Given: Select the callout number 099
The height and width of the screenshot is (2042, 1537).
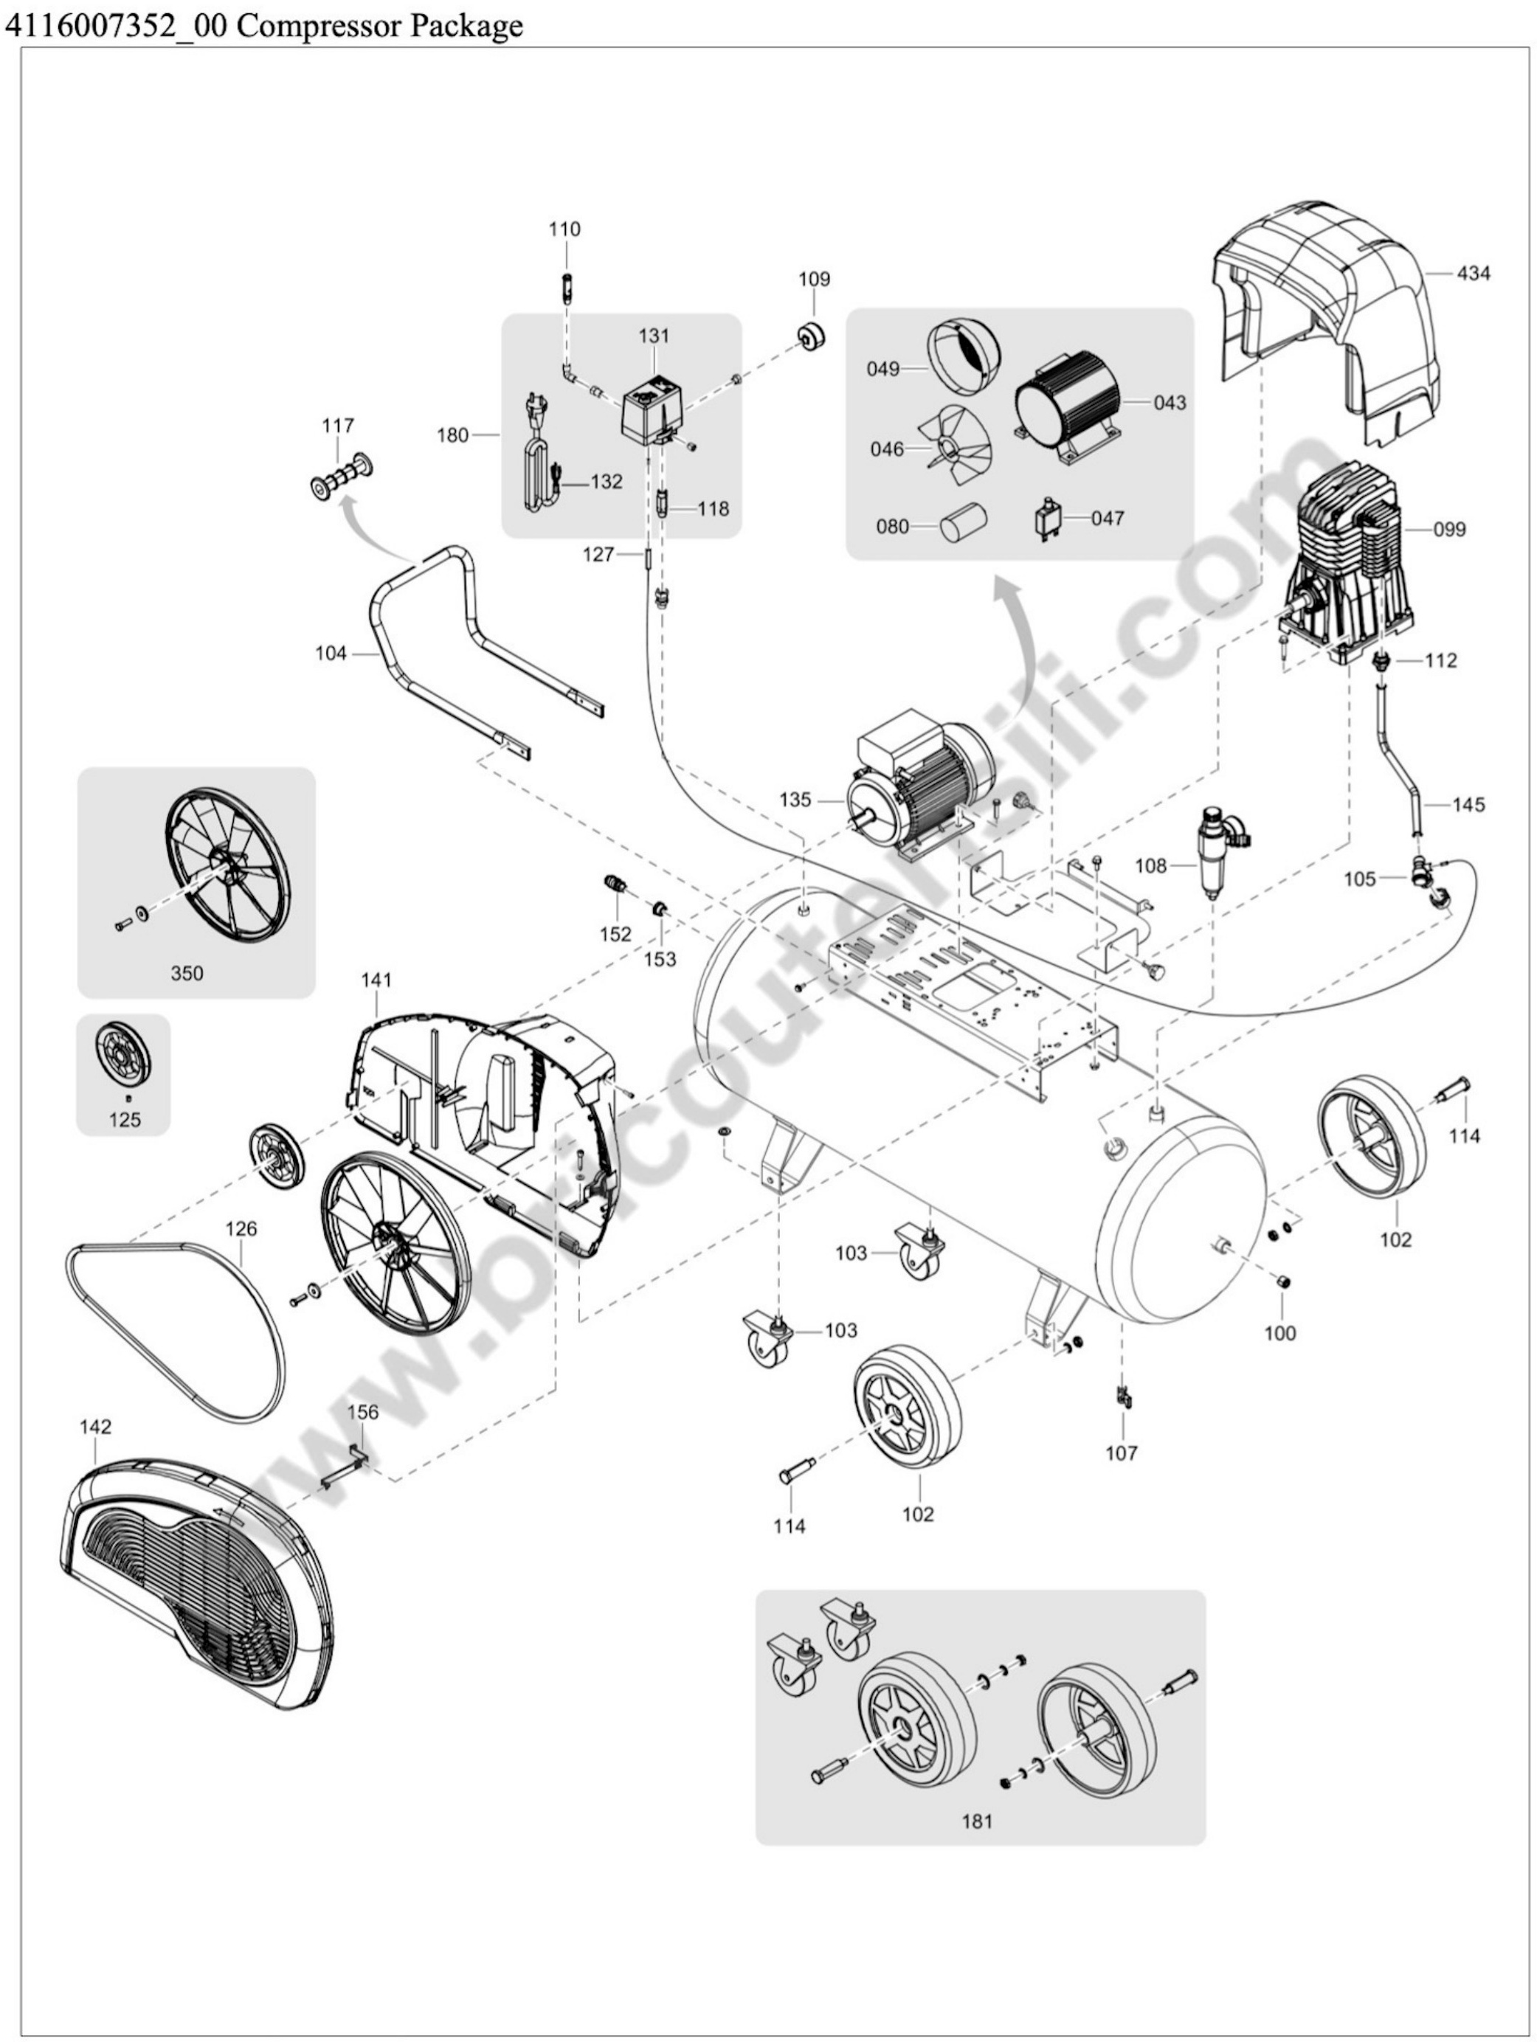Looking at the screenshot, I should [1448, 530].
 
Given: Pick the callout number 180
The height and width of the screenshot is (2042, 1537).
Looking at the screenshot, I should [452, 435].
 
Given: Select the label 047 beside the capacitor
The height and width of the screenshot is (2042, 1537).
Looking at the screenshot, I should [1108, 518].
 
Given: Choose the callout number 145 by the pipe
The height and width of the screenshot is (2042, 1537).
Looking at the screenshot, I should [1468, 804].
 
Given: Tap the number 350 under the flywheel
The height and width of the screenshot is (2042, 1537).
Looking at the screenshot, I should [187, 973].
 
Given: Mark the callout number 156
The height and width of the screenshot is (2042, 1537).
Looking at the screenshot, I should [362, 1411].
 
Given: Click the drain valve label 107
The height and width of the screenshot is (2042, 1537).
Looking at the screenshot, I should [1122, 1454].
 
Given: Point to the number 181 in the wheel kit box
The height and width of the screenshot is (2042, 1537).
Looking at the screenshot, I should [977, 1821].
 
